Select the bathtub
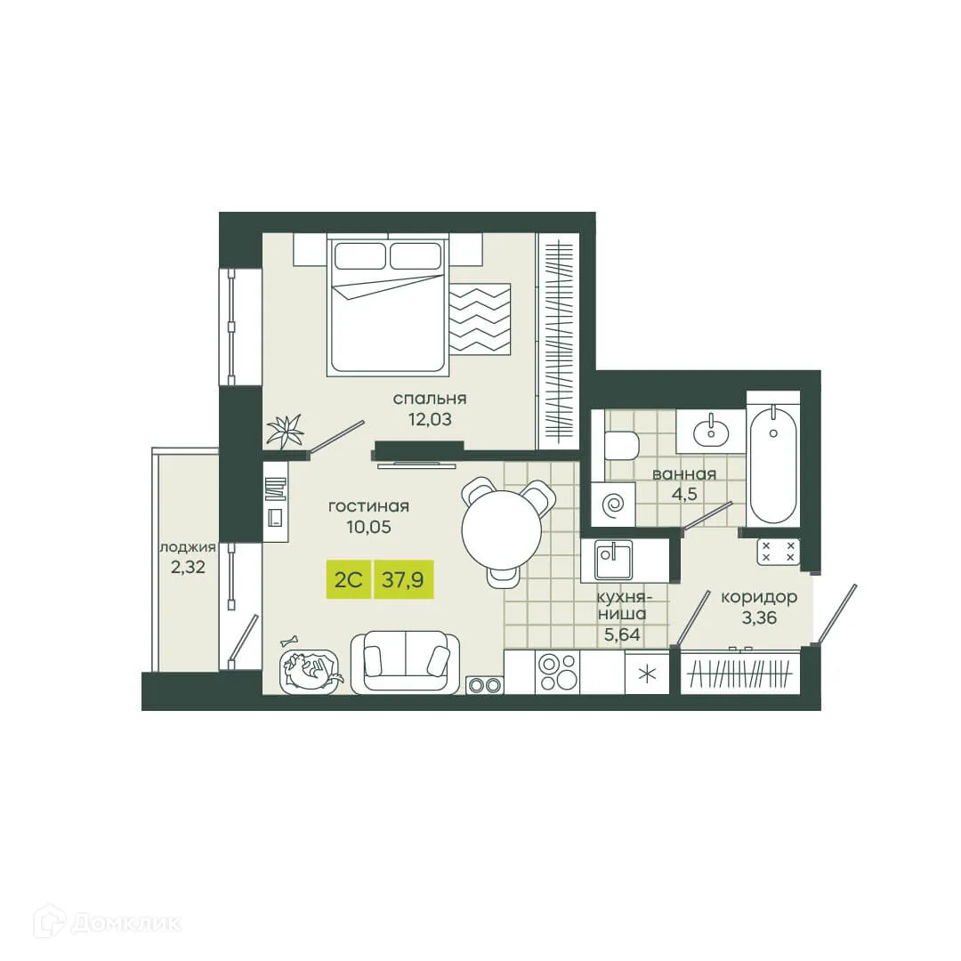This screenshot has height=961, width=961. (772, 464)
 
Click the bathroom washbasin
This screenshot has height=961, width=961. (711, 432)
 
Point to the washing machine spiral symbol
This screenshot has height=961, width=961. (614, 506)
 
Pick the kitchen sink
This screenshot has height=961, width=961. (608, 561)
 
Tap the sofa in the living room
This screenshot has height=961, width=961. (406, 662)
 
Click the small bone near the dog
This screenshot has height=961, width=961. (288, 639)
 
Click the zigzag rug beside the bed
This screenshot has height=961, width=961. (480, 319)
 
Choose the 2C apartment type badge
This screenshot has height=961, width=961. (347, 580)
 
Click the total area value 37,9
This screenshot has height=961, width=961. (402, 580)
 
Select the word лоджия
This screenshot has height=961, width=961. (188, 547)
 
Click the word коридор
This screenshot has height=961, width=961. (758, 597)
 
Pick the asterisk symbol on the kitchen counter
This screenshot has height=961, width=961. (646, 672)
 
